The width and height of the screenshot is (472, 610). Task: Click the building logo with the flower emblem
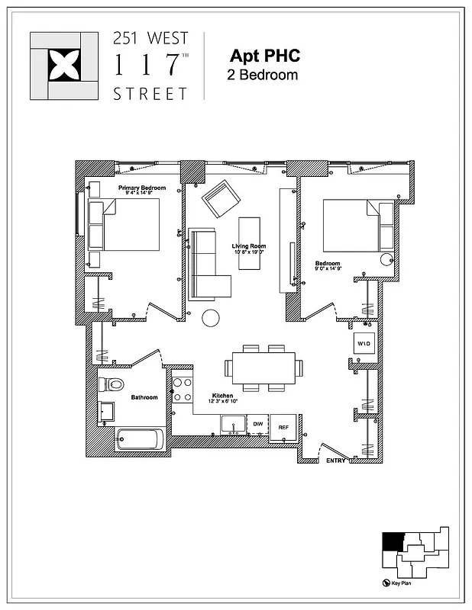[x=64, y=66]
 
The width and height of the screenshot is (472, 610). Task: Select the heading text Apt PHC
[x=264, y=56]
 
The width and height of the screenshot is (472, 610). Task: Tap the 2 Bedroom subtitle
[x=262, y=75]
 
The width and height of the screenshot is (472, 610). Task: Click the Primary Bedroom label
[x=141, y=188]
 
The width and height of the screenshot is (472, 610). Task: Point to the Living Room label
[x=249, y=246]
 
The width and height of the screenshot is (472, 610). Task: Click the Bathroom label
[x=144, y=397]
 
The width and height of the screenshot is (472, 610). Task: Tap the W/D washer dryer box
[x=364, y=344]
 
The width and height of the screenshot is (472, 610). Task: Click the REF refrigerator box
[x=284, y=427]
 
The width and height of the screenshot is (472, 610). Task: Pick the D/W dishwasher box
[x=258, y=424]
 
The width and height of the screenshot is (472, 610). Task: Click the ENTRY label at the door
[x=336, y=461]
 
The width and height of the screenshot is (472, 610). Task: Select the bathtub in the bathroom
[x=139, y=440]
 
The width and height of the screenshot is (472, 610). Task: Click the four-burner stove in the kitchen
[x=182, y=390]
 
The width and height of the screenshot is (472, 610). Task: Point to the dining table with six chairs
[x=263, y=368]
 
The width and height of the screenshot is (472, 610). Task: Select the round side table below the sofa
[x=211, y=318]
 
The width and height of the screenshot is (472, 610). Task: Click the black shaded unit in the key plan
[x=392, y=541]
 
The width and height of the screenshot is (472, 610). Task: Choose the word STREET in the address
[x=150, y=95]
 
